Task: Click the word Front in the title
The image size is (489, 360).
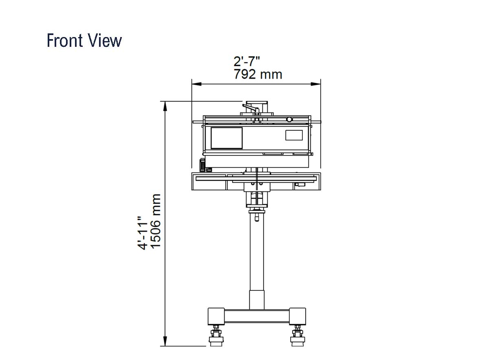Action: tap(65, 41)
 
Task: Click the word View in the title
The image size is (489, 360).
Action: tap(104, 41)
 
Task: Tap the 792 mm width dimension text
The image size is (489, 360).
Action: tap(258, 74)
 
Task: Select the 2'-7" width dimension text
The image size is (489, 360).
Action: tap(247, 61)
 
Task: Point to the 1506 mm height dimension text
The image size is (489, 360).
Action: tap(156, 222)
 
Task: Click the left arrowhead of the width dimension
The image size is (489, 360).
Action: tap(197, 84)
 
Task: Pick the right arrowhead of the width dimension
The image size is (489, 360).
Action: tap(316, 84)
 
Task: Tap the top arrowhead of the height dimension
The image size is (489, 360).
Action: tap(165, 106)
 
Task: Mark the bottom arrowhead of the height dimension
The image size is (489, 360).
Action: tap(165, 341)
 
